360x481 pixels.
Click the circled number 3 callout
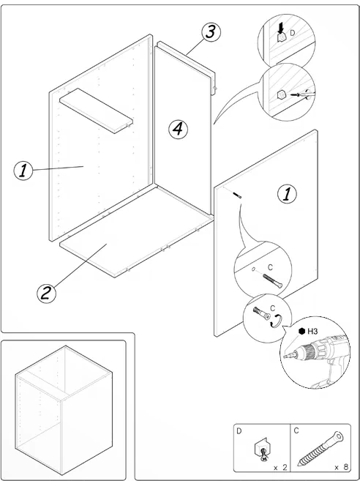(211, 32)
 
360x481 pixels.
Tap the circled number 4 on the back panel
(178, 130)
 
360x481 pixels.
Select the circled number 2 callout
(47, 294)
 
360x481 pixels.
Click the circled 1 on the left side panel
(23, 171)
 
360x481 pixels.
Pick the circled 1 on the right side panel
(287, 195)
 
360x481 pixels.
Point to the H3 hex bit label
(312, 332)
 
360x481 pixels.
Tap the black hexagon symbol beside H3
(301, 332)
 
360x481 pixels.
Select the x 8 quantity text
(341, 467)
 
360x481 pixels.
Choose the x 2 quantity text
(280, 467)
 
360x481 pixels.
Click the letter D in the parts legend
(239, 431)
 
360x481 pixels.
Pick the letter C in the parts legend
(296, 431)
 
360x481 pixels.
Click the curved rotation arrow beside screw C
(277, 321)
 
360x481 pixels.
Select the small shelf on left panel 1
(97, 111)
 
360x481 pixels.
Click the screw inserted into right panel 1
(238, 195)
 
